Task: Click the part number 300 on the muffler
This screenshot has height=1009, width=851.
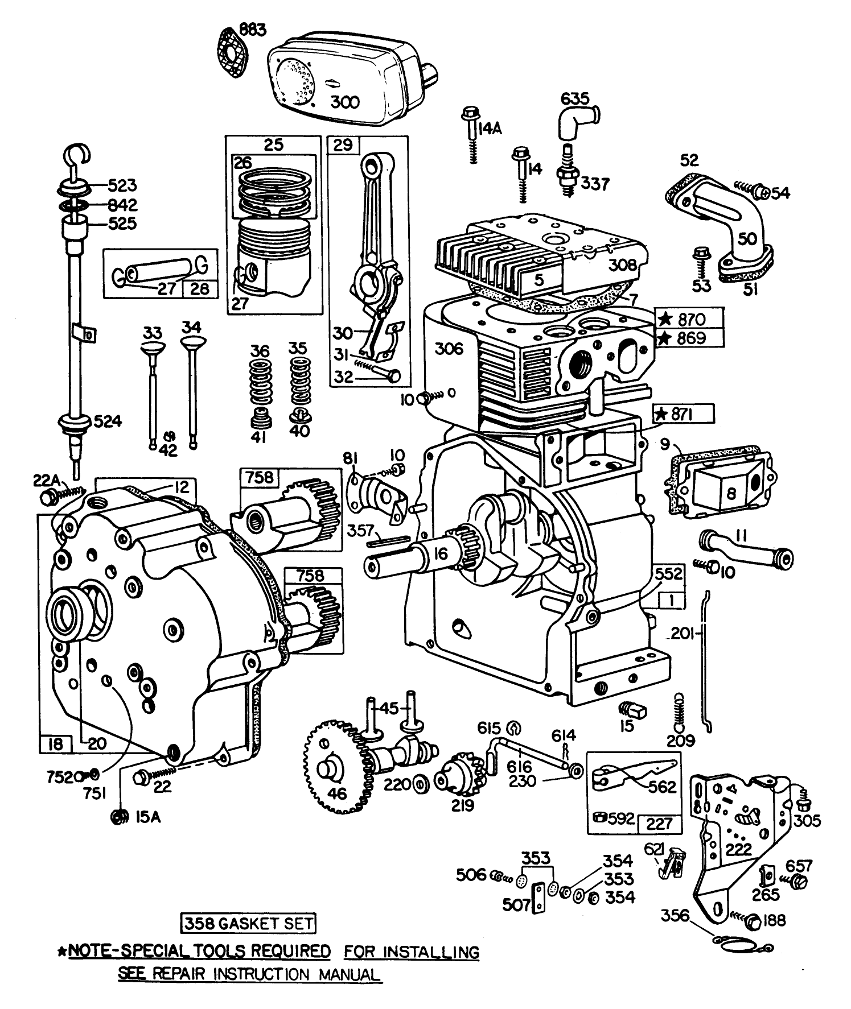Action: tap(345, 102)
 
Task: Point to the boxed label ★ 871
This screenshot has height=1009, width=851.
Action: tap(683, 415)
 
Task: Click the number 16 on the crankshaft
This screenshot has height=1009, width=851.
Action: tap(441, 553)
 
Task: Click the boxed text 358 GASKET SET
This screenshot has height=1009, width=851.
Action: tap(248, 924)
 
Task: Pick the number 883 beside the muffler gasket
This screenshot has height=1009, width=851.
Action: tap(252, 30)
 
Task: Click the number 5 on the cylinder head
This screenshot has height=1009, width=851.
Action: tap(539, 279)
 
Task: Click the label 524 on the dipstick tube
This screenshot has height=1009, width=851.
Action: tap(108, 421)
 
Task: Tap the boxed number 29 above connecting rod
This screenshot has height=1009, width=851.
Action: tap(343, 144)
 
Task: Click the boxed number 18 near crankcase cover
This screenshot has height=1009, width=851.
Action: tap(56, 743)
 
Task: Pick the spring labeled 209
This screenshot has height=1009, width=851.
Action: tap(679, 714)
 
